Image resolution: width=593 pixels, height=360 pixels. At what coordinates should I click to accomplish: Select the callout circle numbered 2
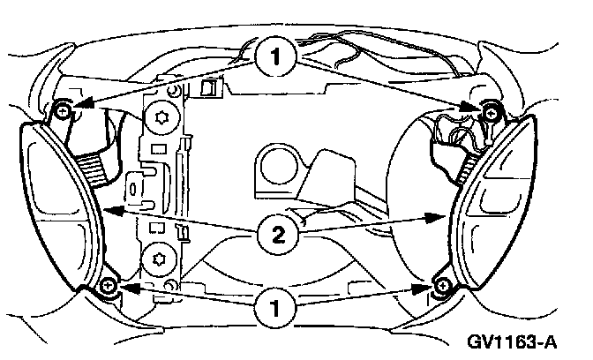pos(276,234)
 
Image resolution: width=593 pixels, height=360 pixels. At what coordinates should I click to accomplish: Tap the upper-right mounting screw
pos(490,109)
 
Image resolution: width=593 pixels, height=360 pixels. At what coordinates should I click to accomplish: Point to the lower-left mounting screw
pos(108,286)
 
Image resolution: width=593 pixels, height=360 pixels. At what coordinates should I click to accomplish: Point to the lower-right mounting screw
pos(442,286)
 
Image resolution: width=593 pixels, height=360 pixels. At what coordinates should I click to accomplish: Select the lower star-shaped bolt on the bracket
pos(160,259)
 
